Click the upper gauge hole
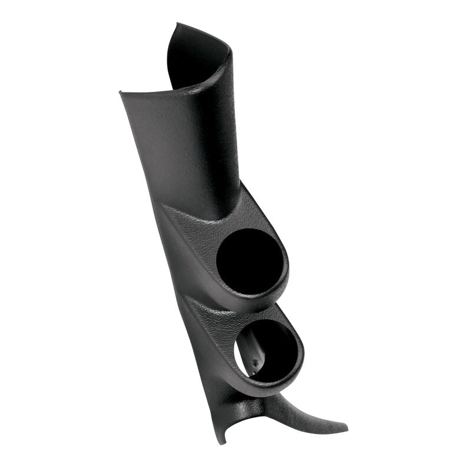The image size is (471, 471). pos(250,258)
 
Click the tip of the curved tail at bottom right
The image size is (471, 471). pos(346,428)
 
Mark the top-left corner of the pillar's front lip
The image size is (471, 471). pos(120,92)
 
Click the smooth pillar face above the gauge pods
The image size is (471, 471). pos(177,147)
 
